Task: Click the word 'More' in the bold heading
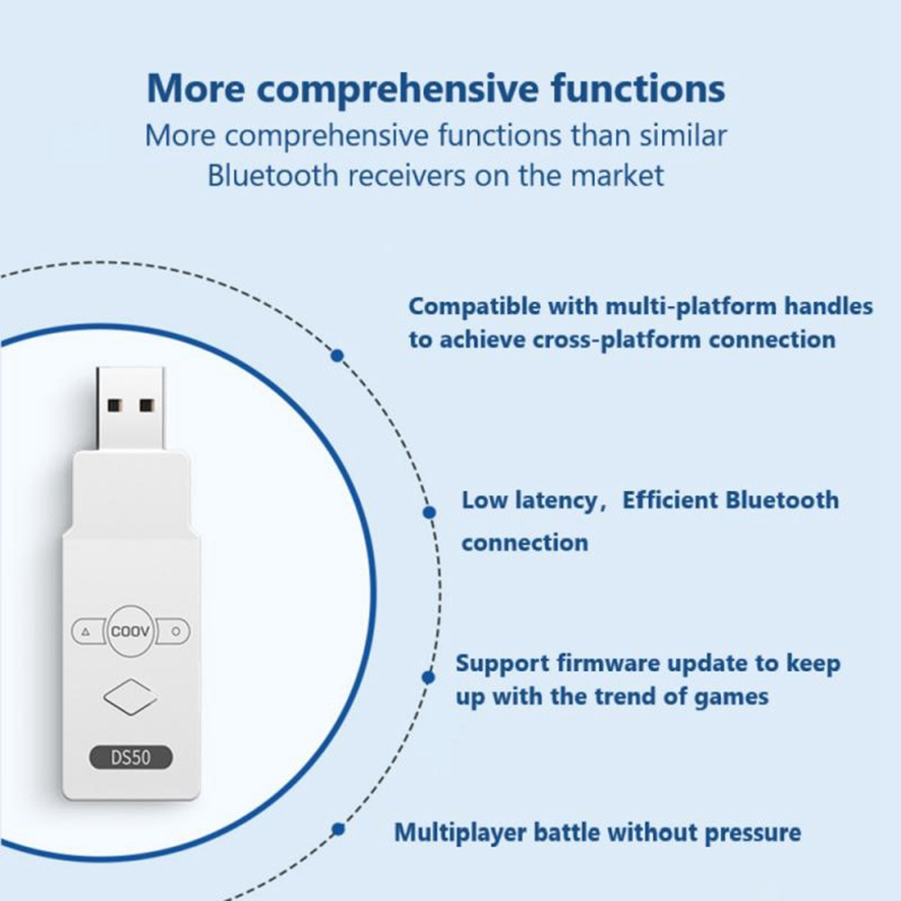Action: pyautogui.click(x=196, y=88)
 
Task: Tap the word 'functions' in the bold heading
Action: pyautogui.click(x=638, y=88)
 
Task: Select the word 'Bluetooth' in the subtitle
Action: pyautogui.click(x=273, y=176)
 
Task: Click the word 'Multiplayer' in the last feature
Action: pyautogui.click(x=460, y=833)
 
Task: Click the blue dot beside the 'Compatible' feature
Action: pyautogui.click(x=338, y=356)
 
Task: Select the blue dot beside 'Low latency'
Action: pyautogui.click(x=428, y=512)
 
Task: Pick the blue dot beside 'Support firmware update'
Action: pyautogui.click(x=428, y=678)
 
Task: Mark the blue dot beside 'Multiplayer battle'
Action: pyautogui.click(x=338, y=829)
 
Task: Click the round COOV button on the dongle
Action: pyautogui.click(x=131, y=631)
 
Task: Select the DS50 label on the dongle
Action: pyautogui.click(x=131, y=757)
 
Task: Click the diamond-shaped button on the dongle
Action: pyautogui.click(x=131, y=697)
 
